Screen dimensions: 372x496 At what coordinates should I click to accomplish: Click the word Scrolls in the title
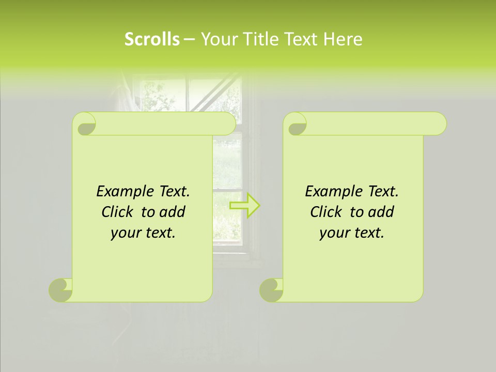(x=152, y=39)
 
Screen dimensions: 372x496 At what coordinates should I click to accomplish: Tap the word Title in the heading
(x=262, y=39)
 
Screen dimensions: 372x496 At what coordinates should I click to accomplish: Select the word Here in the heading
(x=343, y=39)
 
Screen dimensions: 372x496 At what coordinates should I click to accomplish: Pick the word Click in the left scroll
(x=113, y=212)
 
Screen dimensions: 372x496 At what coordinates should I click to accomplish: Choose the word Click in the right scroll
(x=322, y=212)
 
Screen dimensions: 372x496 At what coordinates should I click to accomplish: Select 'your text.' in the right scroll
(x=352, y=233)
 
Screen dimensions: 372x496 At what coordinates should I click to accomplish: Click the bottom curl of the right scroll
(x=271, y=289)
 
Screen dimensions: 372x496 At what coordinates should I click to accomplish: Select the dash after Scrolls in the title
(x=189, y=39)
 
